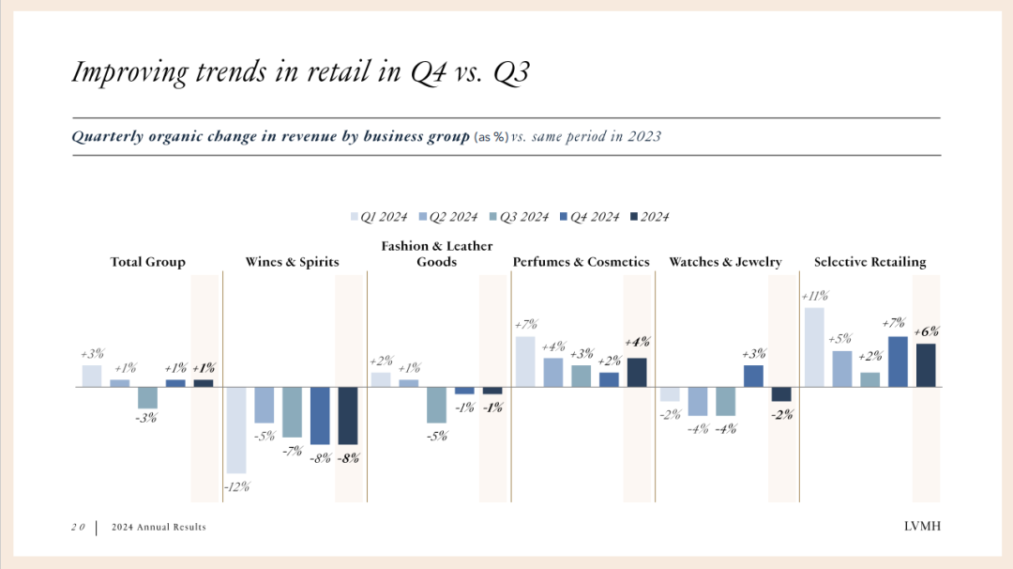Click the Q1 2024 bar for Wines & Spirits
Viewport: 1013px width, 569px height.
coord(235,430)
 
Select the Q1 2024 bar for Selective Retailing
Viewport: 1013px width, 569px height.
coord(813,347)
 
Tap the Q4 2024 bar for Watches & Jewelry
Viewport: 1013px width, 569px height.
coord(753,376)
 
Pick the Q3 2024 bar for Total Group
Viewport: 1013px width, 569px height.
coord(147,398)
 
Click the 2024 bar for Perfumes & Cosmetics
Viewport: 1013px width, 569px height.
coord(637,373)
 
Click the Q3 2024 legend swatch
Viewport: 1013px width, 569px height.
coord(493,217)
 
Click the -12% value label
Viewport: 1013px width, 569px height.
coord(235,486)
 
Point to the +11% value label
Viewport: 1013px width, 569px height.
coord(814,297)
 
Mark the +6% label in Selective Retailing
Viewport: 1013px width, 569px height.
coord(925,331)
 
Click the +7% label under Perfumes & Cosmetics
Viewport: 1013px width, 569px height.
coord(524,325)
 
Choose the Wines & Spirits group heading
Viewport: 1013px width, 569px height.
coord(292,262)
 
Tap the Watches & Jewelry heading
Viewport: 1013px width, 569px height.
coord(724,262)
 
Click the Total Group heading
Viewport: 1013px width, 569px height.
coord(147,262)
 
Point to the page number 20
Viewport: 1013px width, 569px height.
coord(78,528)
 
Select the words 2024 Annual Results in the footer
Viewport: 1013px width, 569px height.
coord(158,528)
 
